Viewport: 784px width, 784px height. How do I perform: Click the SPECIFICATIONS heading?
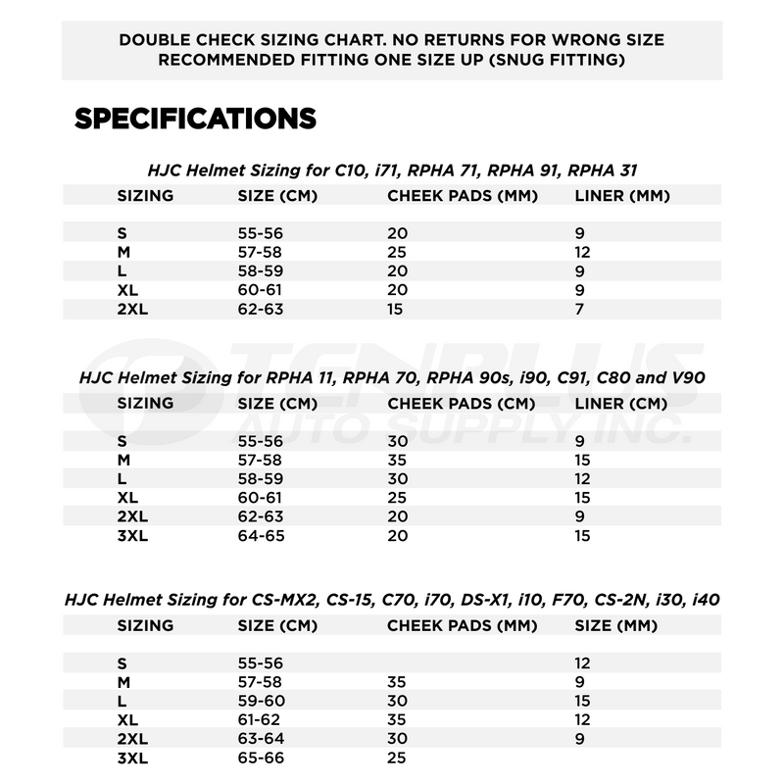tap(195, 119)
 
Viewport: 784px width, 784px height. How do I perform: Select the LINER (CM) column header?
tap(620, 403)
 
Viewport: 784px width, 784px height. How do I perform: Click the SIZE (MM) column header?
tap(615, 625)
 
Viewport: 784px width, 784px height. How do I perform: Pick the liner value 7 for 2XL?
tap(579, 310)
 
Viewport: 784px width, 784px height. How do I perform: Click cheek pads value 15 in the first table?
tap(396, 310)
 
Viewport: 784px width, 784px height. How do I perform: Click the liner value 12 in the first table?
tap(583, 253)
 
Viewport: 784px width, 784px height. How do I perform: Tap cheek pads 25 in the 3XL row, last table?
tap(397, 757)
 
